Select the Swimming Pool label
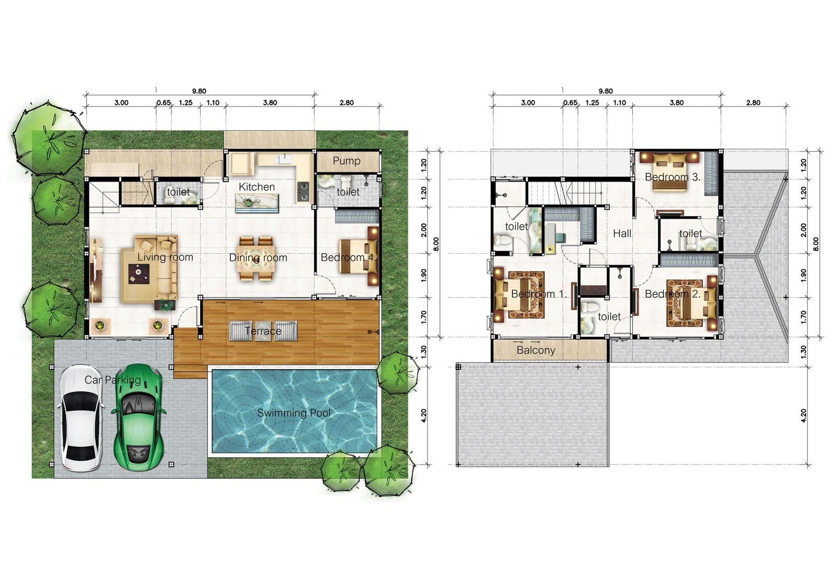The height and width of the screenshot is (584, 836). pyautogui.click(x=294, y=413)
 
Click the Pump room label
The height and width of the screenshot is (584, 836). pyautogui.click(x=346, y=161)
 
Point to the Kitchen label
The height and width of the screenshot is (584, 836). pyautogui.click(x=257, y=187)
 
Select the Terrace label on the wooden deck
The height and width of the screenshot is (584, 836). pyautogui.click(x=263, y=331)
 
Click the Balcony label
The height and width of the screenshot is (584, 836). pyautogui.click(x=536, y=350)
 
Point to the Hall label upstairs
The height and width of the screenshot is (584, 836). pyautogui.click(x=622, y=234)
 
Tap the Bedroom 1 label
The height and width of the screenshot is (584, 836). pyautogui.click(x=539, y=294)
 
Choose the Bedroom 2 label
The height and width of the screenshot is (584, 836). pyautogui.click(x=673, y=294)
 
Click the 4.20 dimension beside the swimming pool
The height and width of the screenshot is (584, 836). pyautogui.click(x=424, y=415)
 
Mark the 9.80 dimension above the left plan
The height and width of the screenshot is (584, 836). pyautogui.click(x=199, y=91)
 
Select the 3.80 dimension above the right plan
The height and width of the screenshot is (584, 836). pyautogui.click(x=676, y=103)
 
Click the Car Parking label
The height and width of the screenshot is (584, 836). pyautogui.click(x=113, y=380)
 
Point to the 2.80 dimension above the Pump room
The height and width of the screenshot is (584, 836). pyautogui.click(x=346, y=103)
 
